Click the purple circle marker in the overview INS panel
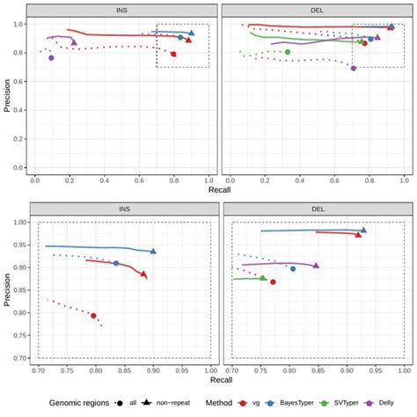[x=51, y=58]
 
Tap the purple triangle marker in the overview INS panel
[x=74, y=41]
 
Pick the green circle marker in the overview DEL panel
[x=288, y=52]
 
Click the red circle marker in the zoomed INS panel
[x=93, y=316]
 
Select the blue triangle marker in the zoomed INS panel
[x=153, y=252]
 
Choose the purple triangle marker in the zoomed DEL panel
[x=316, y=265]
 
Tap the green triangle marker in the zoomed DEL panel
[x=262, y=278]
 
